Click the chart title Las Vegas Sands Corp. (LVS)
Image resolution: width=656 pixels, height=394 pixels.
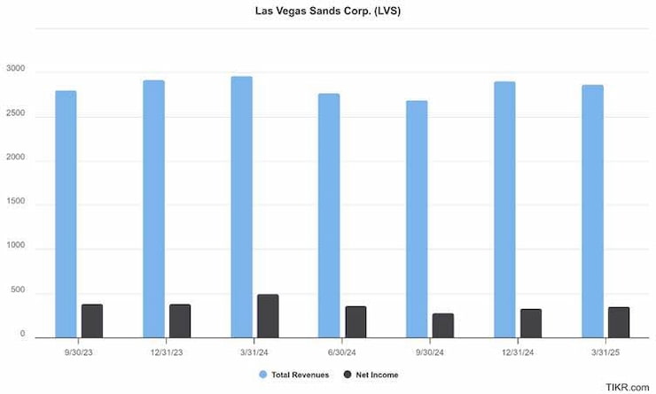pos(327,12)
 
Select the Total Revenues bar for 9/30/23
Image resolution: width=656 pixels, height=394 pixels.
pos(66,213)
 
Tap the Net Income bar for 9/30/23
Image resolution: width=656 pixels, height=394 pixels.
pos(92,321)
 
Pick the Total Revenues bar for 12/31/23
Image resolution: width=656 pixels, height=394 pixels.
pos(154,208)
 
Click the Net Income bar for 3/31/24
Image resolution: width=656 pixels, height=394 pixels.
pos(268,315)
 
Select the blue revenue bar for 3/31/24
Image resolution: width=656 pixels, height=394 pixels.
pos(242,206)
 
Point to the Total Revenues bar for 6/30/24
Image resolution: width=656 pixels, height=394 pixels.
pos(330,215)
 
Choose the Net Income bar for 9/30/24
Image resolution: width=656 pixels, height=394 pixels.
pos(443,325)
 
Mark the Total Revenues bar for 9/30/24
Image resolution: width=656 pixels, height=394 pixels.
pos(418,219)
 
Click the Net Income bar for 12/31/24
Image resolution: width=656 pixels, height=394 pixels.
pos(531,323)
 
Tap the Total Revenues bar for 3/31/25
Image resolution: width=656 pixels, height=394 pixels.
pos(593,211)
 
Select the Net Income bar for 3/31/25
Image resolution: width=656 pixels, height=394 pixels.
pos(619,322)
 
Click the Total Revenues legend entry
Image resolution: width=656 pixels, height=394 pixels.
pos(295,375)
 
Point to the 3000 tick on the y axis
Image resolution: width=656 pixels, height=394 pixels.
pos(15,70)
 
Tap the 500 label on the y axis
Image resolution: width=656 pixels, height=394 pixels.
pos(18,293)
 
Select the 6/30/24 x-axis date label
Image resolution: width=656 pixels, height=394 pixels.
pos(342,351)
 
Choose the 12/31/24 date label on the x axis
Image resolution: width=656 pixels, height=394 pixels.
pos(518,351)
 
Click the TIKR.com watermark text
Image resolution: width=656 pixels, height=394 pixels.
pos(628,387)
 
